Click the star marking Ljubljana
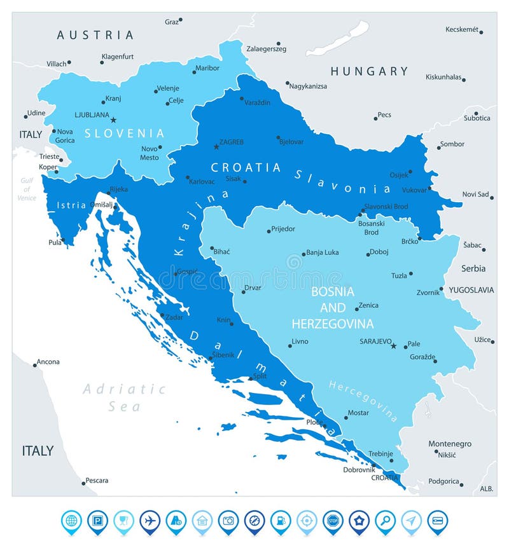coord(113,120)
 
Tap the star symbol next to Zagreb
coord(216,146)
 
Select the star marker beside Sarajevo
coord(393,346)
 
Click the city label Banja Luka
coord(322,252)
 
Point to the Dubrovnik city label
coord(359,470)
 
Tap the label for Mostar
coord(358,413)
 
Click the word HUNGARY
coord(369,71)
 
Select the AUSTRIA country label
coord(95,35)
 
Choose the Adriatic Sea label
coord(124,397)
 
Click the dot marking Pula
coord(63,240)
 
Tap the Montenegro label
coord(450,443)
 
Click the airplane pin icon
coord(150,521)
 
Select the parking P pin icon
coord(97,521)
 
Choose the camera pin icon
coord(228,521)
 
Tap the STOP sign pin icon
coord(333,521)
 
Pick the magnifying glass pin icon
coord(385,521)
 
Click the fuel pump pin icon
coord(281,521)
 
